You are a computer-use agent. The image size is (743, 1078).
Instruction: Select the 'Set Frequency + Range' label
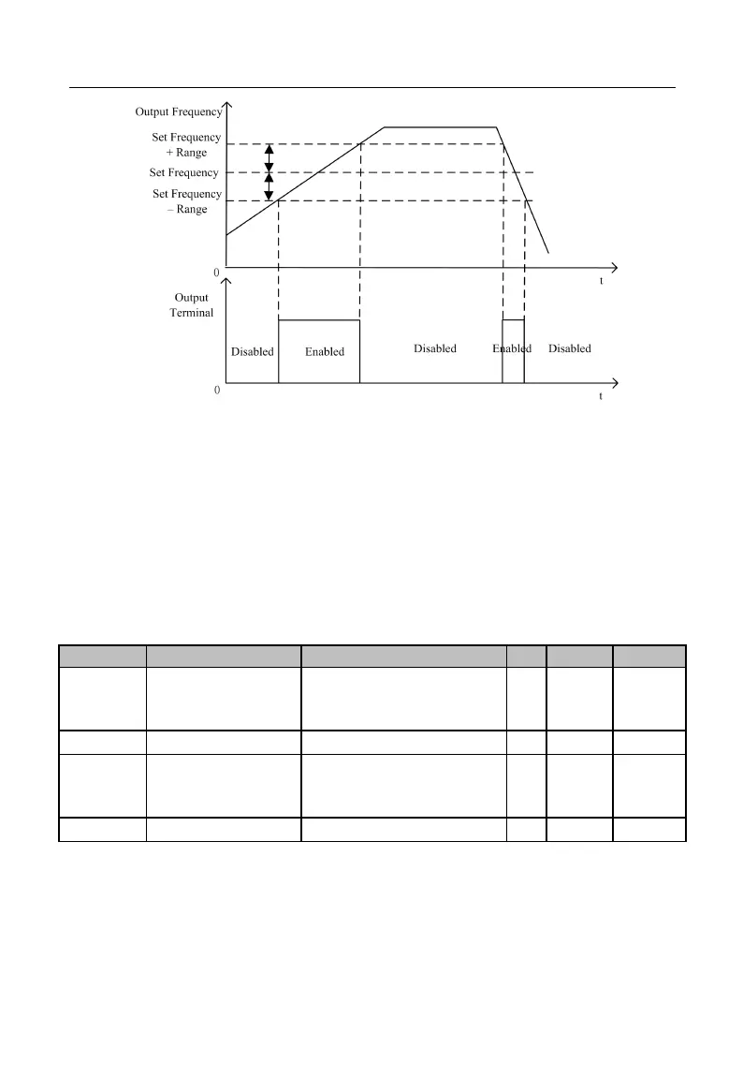pos(187,145)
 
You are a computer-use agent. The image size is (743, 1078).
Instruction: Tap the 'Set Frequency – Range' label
pos(187,201)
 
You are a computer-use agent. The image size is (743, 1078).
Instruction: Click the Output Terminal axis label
pos(192,305)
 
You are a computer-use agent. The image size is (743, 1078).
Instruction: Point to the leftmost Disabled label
pos(253,352)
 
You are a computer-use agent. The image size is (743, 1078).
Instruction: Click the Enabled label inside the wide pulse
pos(325,352)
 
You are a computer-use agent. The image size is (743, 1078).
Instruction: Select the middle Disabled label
pos(435,348)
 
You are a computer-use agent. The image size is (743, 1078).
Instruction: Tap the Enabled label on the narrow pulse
pos(512,348)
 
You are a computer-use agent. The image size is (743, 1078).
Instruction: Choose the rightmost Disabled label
pos(570,348)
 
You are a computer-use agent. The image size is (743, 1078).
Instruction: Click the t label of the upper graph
pos(602,280)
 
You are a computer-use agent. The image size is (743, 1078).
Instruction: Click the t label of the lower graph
pos(601,396)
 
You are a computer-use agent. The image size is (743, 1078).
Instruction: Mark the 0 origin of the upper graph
pos(216,272)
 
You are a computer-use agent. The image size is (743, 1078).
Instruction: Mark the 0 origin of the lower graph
pos(217,390)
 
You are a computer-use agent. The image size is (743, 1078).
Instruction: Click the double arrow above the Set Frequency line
pos(270,158)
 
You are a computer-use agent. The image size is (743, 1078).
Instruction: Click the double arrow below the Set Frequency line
pos(270,187)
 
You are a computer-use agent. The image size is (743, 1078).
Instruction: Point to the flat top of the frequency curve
pos(440,126)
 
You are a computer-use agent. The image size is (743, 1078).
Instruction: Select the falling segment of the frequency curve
pos(524,192)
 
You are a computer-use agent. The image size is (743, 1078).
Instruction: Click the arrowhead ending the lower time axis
pos(614,382)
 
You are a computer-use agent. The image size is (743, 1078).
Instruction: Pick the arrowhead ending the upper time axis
pos(614,265)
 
